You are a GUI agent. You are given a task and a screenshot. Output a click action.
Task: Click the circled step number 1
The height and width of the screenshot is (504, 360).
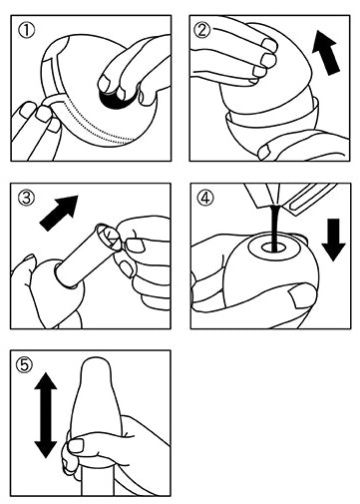click(x=26, y=31)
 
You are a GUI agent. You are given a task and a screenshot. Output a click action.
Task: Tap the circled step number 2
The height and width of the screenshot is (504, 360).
click(x=201, y=31)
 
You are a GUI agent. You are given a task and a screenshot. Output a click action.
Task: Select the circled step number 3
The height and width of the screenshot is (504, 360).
click(x=26, y=199)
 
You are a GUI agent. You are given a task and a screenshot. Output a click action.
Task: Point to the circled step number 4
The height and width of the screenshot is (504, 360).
click(x=205, y=199)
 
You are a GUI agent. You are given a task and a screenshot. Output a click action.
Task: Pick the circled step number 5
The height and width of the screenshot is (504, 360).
click(x=25, y=365)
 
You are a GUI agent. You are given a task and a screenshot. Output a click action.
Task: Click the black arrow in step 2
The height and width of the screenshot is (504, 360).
click(x=326, y=52)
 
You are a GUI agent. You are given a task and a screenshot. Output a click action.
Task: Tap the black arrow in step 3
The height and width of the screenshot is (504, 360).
click(x=59, y=213)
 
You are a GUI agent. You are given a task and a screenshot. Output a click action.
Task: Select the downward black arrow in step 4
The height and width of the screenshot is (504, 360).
click(x=334, y=240)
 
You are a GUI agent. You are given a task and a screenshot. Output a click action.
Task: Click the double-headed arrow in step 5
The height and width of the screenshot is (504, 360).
click(x=46, y=415)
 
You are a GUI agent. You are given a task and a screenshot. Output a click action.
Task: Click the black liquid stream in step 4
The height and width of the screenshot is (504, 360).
click(x=275, y=229)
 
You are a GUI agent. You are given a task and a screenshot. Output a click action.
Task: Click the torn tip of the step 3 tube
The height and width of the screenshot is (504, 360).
click(x=107, y=236)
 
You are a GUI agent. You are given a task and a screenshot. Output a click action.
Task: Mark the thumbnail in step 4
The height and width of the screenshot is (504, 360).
click(x=298, y=296)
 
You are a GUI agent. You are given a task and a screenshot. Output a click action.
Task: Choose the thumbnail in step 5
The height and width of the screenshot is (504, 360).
click(x=76, y=445)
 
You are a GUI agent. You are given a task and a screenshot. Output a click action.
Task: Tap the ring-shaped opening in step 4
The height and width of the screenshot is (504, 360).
click(x=271, y=248)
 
